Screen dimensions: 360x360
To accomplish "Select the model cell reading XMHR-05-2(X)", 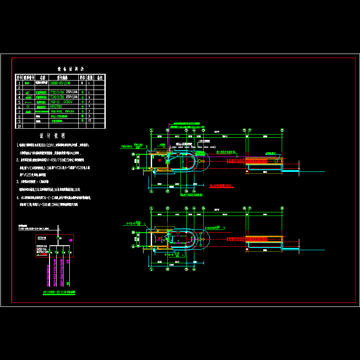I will coord(63,83).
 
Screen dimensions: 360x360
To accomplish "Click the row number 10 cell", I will coord(19,126).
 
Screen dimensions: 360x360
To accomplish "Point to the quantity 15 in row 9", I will coord(90,121).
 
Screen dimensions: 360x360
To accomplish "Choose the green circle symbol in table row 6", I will coord(28,107).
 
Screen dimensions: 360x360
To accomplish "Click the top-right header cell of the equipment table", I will coord(100,77).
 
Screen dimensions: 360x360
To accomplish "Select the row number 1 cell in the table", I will coord(19,83).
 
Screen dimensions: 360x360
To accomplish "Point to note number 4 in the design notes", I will coord(18,197).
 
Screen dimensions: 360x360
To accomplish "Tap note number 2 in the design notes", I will coord(18,160).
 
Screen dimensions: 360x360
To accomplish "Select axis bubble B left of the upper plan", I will coord(133,154).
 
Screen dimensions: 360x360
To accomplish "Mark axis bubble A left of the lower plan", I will coord(133,247).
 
